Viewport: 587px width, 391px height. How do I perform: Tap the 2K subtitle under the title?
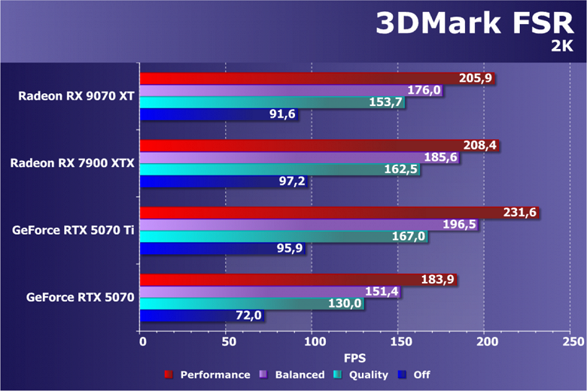click(x=561, y=47)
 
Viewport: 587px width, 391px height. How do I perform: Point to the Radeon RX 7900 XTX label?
click(x=72, y=162)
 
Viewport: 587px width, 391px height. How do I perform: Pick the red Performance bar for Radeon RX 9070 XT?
click(x=301, y=78)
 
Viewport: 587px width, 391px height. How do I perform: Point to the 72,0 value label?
click(x=248, y=316)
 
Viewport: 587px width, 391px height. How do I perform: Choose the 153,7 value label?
click(x=386, y=102)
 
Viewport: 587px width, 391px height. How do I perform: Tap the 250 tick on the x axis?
click(x=572, y=342)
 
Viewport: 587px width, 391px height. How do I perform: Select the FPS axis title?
click(x=356, y=357)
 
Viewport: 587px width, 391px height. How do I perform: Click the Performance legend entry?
click(x=207, y=374)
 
